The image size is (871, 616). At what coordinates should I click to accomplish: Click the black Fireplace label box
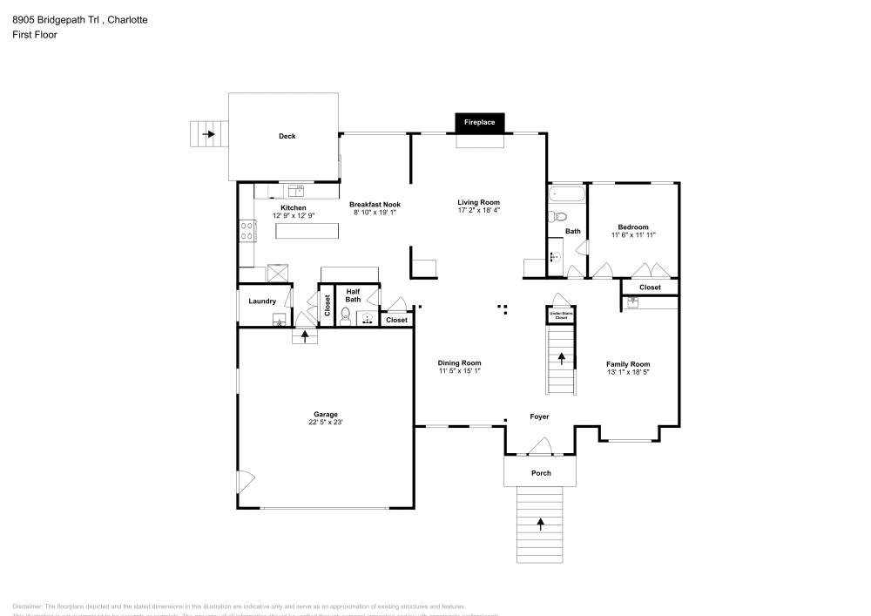pos(479,123)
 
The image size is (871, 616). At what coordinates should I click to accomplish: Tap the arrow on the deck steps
pos(209,134)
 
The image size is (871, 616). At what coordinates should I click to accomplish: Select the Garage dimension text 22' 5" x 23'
pos(326,423)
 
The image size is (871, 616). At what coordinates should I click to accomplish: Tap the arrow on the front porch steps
pos(540,524)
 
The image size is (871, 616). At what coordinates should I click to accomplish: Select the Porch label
pos(541,473)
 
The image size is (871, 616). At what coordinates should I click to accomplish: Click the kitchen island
pos(306,230)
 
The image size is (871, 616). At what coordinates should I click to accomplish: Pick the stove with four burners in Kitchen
pos(246,231)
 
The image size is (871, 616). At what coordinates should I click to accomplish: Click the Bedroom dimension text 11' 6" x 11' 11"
pos(633,235)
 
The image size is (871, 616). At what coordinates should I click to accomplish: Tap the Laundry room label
pos(262,301)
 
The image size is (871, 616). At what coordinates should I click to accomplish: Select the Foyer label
pos(540,416)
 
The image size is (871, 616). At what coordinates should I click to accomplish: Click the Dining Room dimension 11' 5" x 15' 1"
pos(459,371)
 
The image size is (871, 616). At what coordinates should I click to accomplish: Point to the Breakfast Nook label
pos(375,204)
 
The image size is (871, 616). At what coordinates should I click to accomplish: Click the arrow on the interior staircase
pos(561,357)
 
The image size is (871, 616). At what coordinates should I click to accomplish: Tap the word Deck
pos(287,136)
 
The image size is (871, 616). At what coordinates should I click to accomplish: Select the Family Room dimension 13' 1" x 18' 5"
pos(628,372)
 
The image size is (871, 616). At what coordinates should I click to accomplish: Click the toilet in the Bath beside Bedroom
pos(560,217)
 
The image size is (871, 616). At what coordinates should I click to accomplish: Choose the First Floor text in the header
pos(35,35)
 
